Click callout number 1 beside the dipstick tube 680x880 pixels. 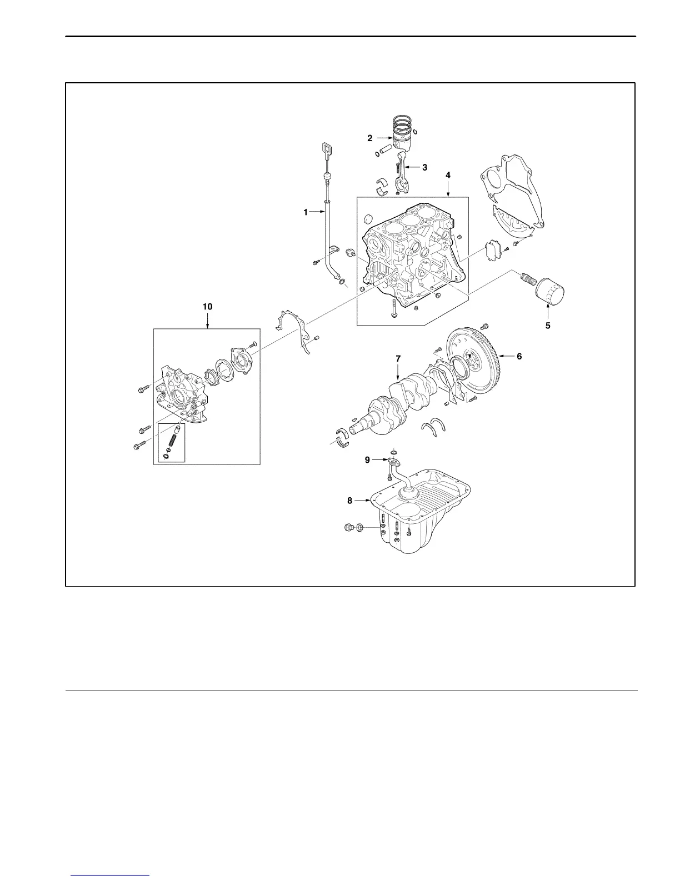[305, 212]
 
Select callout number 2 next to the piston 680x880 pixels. [369, 138]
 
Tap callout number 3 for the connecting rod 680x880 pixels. [424, 167]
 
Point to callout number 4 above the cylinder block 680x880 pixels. [448, 175]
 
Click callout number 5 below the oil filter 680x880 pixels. [548, 326]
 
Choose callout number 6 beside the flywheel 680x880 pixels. [519, 356]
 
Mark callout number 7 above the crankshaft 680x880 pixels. [398, 359]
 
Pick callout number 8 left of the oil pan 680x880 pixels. [349, 500]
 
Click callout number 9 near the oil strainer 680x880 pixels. [367, 459]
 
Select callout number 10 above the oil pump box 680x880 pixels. [207, 307]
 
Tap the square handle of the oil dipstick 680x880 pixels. [326, 149]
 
